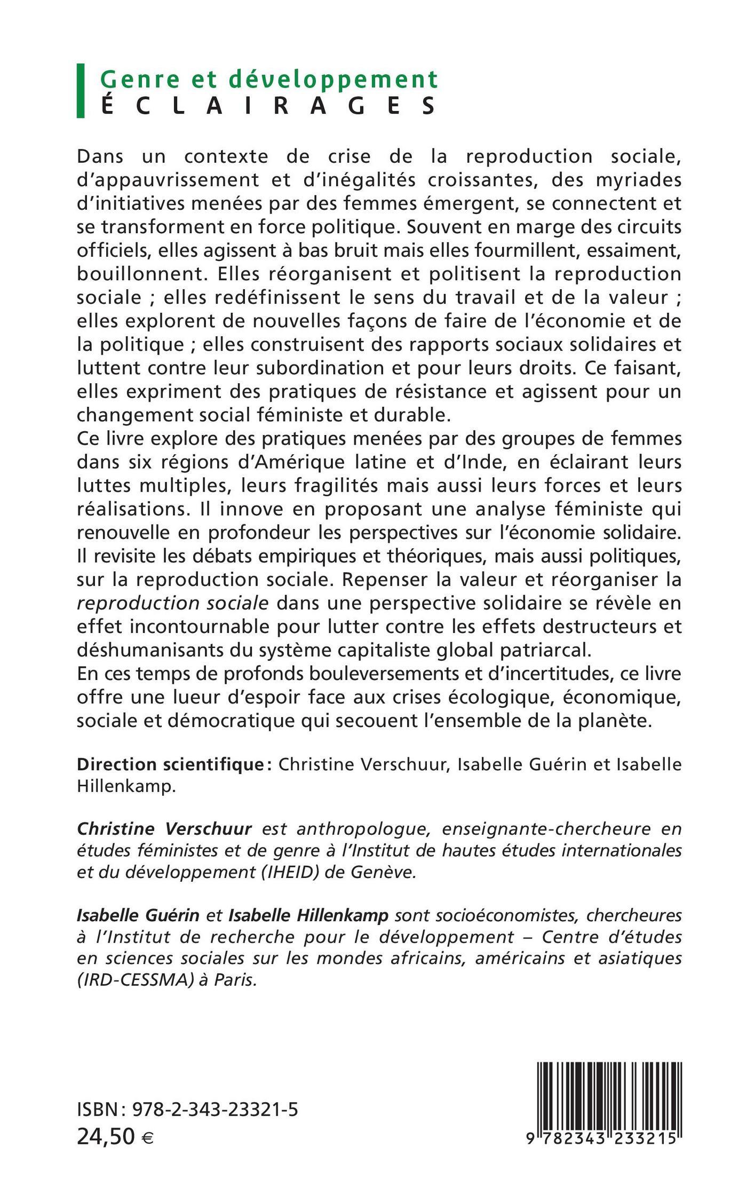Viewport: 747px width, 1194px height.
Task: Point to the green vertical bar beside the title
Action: [81, 91]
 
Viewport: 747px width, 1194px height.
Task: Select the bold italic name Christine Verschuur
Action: [164, 828]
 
